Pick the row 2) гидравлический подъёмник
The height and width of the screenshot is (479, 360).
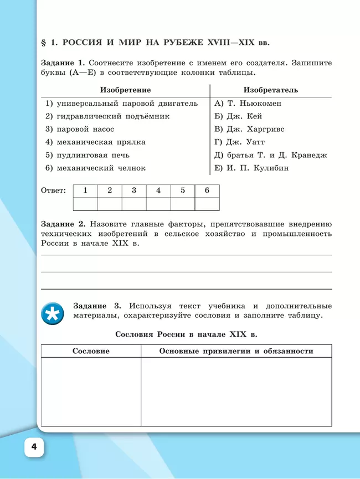107,116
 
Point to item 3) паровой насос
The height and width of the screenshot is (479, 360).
80,129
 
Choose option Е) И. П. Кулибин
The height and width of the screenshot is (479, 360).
251,168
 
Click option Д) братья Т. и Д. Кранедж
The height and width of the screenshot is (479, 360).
270,155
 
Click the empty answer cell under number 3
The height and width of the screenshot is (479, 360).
134,204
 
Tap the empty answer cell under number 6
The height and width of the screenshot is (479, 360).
207,204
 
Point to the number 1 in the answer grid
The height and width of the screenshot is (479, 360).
85,190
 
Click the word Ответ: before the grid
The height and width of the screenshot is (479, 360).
54,190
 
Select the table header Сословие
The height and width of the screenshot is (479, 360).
91,351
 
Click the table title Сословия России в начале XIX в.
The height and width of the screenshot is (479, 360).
186,334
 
